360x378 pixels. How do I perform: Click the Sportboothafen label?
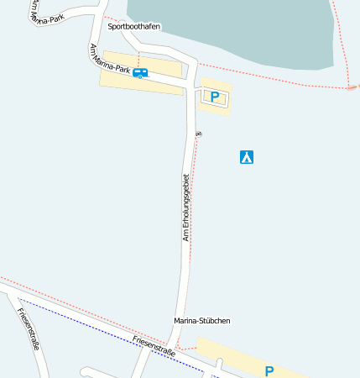133,27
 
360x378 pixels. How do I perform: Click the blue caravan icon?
140,73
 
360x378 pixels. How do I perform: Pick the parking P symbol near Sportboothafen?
215,97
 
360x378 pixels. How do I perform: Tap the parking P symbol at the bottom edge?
269,370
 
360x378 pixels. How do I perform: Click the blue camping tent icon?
247,156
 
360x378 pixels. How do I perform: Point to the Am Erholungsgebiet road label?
186,207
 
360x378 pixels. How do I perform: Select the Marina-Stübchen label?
201,320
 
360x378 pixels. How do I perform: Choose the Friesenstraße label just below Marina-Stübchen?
154,346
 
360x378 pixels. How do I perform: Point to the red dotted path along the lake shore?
277,76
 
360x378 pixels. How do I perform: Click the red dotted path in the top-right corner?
340,34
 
